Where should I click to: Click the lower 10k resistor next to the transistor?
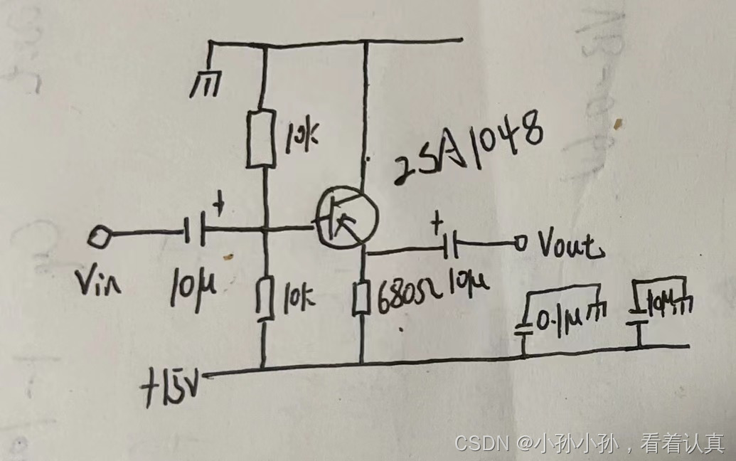(265, 298)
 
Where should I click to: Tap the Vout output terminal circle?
(521, 244)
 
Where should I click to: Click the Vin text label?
(101, 284)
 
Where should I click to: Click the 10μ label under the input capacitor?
(191, 287)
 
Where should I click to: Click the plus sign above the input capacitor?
(219, 206)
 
